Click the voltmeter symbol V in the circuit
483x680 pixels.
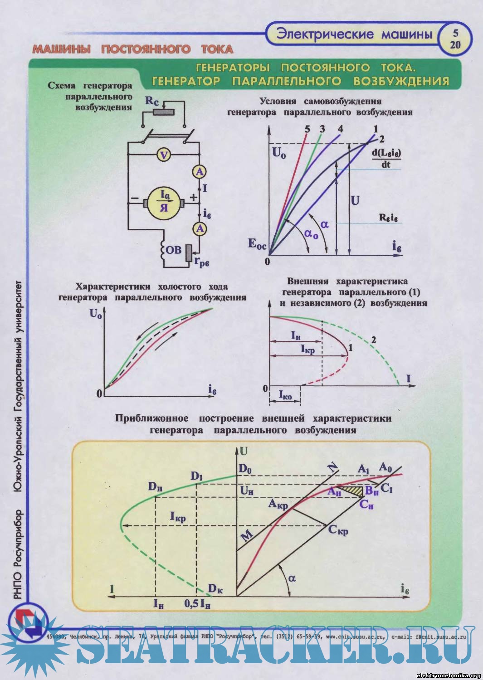pos(164,155)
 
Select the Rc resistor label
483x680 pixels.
pos(152,101)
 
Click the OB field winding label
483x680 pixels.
pos(173,250)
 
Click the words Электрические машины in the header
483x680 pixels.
pos(354,34)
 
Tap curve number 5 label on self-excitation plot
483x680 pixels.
pos(307,129)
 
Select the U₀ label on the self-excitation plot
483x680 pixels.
pos(279,153)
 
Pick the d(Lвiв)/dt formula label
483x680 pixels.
pos(386,159)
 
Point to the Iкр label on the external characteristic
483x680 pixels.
pos(307,350)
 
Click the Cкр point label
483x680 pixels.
pos(338,529)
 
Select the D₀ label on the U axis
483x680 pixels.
pos(245,469)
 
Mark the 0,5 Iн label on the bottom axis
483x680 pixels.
pos(198,604)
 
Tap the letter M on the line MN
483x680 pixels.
pos(246,536)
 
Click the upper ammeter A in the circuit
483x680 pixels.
pos(199,172)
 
